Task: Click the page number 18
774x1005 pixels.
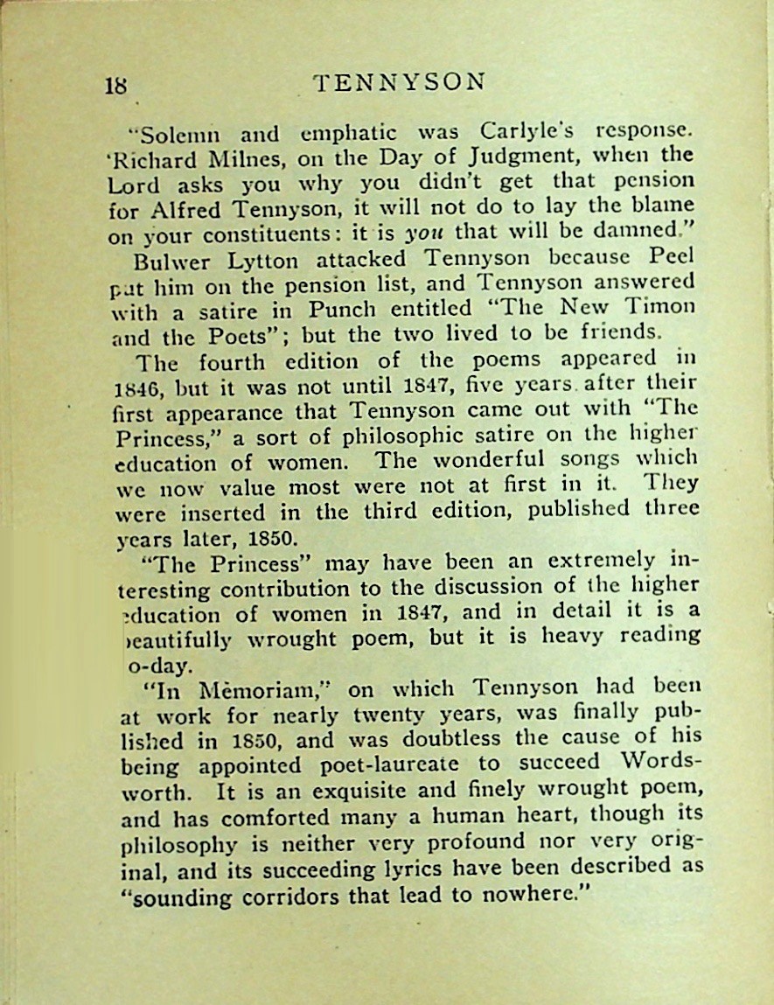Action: [x=116, y=86]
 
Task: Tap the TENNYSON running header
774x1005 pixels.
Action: [x=399, y=81]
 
